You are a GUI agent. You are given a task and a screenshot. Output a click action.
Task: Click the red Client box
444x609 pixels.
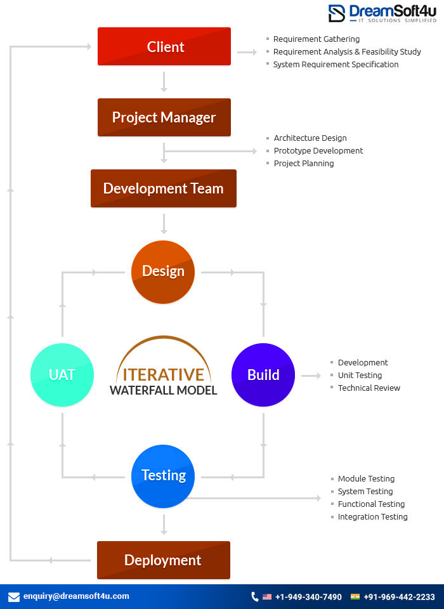click(x=164, y=46)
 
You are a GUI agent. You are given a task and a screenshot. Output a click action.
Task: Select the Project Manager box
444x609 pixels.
click(x=164, y=117)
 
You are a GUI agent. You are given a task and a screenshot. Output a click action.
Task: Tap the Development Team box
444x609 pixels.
click(x=164, y=188)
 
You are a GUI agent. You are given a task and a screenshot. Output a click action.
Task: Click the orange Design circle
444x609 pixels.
click(x=163, y=272)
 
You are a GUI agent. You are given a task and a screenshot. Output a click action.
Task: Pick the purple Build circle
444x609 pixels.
click(x=263, y=375)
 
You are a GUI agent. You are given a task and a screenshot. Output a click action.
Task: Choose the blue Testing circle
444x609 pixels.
click(x=163, y=476)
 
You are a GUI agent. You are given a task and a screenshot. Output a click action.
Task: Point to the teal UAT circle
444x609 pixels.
click(x=62, y=375)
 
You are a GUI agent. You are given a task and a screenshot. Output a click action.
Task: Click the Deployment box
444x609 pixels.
click(x=163, y=560)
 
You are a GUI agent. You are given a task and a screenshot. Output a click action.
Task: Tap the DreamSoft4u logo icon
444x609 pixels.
click(x=337, y=13)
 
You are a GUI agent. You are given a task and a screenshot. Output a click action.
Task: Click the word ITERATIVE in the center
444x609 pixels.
click(x=164, y=374)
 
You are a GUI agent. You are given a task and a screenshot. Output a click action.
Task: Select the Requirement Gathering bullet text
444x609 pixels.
click(x=316, y=39)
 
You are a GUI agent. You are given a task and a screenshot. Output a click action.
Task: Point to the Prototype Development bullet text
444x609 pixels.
click(x=318, y=151)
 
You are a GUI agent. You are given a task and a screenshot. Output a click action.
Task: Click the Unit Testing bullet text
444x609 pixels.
click(x=360, y=376)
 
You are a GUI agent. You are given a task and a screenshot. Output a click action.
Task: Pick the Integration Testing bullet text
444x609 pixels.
click(x=372, y=517)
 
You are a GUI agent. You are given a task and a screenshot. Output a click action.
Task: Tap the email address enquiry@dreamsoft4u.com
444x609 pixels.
click(x=76, y=596)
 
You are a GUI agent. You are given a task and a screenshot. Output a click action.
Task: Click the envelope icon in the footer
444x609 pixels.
click(x=14, y=597)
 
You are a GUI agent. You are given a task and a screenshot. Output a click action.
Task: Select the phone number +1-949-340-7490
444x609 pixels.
click(x=308, y=597)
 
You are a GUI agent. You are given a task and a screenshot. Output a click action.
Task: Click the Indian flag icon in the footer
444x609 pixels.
click(x=355, y=597)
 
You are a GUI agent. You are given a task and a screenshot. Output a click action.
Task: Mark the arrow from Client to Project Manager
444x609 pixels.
click(x=164, y=82)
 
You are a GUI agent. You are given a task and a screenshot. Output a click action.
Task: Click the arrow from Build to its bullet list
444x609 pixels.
click(x=311, y=376)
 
